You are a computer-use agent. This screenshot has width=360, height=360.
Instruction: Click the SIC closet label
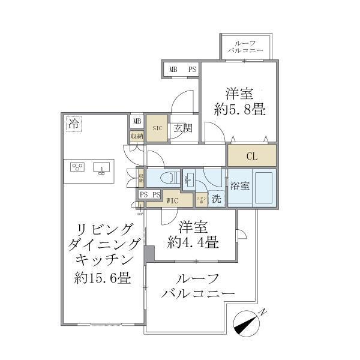(157, 128)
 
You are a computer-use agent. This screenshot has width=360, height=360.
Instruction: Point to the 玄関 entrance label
(182, 128)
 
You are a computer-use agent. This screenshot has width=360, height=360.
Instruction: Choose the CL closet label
(252, 156)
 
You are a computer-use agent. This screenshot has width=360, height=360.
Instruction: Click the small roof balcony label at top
(244, 47)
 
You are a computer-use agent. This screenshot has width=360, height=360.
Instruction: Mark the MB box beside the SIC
(137, 121)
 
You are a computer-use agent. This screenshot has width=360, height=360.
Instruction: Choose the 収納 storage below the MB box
(137, 136)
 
